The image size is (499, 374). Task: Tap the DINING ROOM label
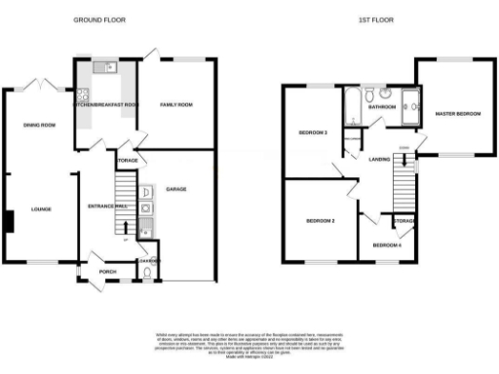pyautogui.click(x=40, y=125)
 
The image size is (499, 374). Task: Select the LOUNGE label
pyautogui.click(x=40, y=208)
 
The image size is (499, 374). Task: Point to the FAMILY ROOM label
pyautogui.click(x=175, y=104)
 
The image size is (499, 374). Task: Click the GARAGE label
pyautogui.click(x=175, y=188)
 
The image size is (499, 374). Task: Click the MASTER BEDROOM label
pyautogui.click(x=458, y=114)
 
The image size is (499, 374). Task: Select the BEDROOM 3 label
pyautogui.click(x=312, y=132)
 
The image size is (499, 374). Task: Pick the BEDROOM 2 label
pyautogui.click(x=321, y=221)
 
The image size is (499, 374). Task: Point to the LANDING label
pyautogui.click(x=372, y=173)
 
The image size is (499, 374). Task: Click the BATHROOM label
pyautogui.click(x=381, y=108)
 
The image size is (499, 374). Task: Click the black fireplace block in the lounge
pyautogui.click(x=8, y=222)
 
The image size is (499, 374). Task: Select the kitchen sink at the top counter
pyautogui.click(x=108, y=68)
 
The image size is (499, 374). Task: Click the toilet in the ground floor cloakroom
pyautogui.click(x=146, y=276)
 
